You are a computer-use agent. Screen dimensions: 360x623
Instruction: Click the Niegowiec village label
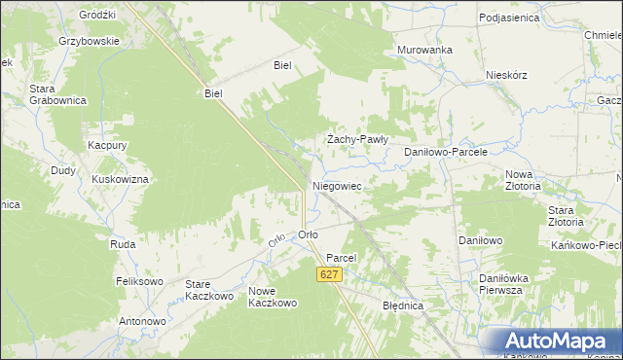[x=337, y=185]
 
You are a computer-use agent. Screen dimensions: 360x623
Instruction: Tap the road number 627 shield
[x=330, y=276]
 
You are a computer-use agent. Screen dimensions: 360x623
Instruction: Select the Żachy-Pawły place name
[x=357, y=139]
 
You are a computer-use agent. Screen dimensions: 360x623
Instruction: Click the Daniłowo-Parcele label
[x=445, y=153]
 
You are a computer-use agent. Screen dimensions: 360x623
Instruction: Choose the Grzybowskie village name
[x=89, y=42]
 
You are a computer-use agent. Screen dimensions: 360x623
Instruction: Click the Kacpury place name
[x=108, y=144]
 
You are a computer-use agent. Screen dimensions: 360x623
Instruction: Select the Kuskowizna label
[x=120, y=180]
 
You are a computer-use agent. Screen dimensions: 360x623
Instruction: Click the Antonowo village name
[x=142, y=321]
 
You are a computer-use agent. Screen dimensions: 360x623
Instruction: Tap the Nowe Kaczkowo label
[x=272, y=297]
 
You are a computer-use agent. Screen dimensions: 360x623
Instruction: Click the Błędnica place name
[x=403, y=305]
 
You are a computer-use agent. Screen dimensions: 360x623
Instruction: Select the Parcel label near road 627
[x=342, y=258]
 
